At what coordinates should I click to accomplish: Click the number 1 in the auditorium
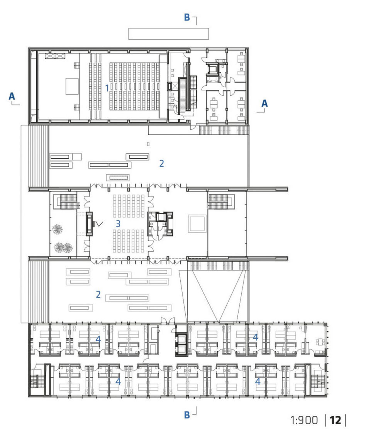pos(107,88)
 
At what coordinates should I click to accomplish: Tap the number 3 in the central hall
pos(118,224)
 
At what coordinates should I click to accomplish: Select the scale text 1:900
pos(304,420)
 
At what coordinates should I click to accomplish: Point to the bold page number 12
pos(335,420)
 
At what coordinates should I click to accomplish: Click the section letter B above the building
pos(187,17)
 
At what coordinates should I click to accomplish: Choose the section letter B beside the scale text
pos(187,415)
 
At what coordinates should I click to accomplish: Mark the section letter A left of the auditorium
pos(12,97)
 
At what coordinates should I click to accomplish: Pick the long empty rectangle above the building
pos(168,34)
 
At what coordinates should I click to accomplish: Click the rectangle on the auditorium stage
pos(72,86)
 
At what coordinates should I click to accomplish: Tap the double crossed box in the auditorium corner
pos(55,56)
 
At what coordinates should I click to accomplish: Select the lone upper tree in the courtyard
pos(58,229)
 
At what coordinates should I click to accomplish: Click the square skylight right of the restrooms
pos(197,224)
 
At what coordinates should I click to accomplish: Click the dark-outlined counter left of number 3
pos(90,224)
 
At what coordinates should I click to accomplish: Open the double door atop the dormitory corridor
pos(167,321)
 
